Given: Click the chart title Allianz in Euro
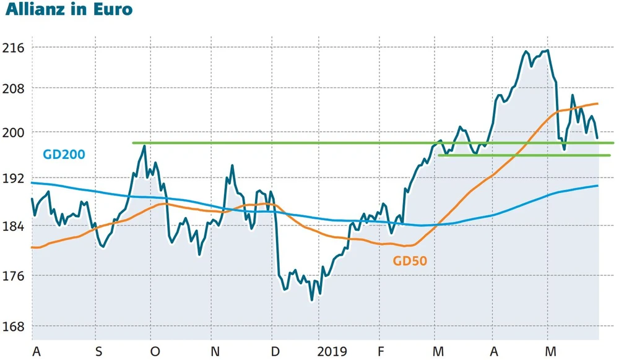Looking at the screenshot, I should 69,11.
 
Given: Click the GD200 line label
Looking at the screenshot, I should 64,155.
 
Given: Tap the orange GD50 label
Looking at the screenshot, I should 410,261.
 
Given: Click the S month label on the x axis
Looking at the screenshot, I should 99,351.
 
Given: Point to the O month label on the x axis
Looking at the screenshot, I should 155,351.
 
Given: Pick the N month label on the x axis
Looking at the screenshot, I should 215,351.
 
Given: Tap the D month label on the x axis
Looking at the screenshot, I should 274,351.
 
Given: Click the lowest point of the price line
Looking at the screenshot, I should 312,300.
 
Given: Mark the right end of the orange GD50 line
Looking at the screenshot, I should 597,103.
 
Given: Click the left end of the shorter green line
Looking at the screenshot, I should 439,155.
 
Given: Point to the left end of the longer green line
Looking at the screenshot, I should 133,143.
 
